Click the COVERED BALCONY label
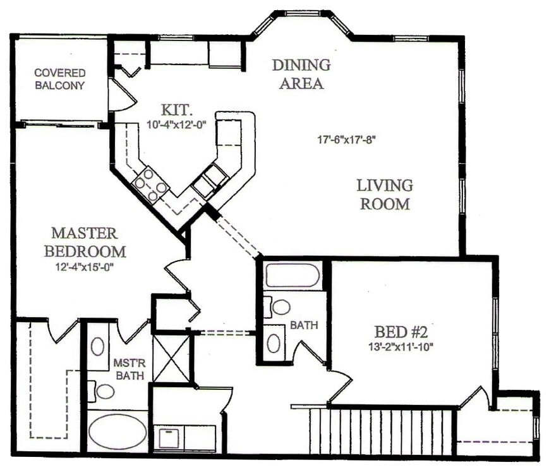[59, 79]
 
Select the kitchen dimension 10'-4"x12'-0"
[179, 125]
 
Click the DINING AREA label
[301, 73]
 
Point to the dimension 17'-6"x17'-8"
[347, 140]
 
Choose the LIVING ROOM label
[385, 195]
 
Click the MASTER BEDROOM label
[85, 242]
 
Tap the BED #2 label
[402, 332]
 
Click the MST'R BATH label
[130, 369]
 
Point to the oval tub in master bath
[118, 432]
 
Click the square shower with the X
[172, 358]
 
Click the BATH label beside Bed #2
[304, 325]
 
